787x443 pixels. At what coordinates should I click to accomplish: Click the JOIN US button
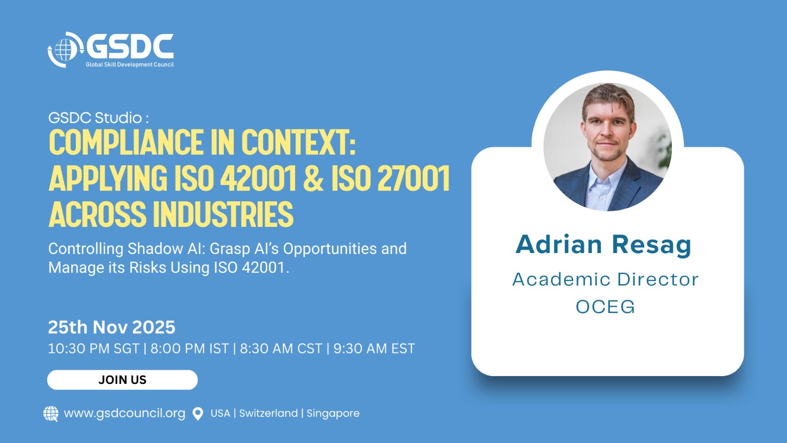pyautogui.click(x=122, y=380)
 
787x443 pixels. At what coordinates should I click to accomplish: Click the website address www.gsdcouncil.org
pyautogui.click(x=124, y=413)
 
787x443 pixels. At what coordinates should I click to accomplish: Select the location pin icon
pyautogui.click(x=198, y=413)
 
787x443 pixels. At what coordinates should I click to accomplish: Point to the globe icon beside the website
pyautogui.click(x=51, y=413)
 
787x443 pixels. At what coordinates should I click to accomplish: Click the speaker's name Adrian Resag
pyautogui.click(x=603, y=245)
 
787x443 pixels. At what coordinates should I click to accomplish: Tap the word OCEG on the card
pyautogui.click(x=605, y=307)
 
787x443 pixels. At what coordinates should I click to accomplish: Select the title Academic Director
pyautogui.click(x=605, y=280)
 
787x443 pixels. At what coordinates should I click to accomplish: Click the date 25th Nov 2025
pyautogui.click(x=111, y=327)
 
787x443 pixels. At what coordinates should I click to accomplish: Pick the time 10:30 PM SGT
pyautogui.click(x=93, y=348)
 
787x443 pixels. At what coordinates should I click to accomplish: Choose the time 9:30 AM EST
pyautogui.click(x=374, y=348)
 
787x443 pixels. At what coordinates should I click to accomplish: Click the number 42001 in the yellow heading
pyautogui.click(x=258, y=178)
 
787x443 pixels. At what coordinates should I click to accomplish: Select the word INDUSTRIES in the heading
pyautogui.click(x=223, y=214)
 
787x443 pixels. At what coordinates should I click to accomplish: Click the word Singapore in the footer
pyautogui.click(x=333, y=413)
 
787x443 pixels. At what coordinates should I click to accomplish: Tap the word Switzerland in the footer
pyautogui.click(x=269, y=413)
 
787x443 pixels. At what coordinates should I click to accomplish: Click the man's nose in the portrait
pyautogui.click(x=605, y=132)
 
